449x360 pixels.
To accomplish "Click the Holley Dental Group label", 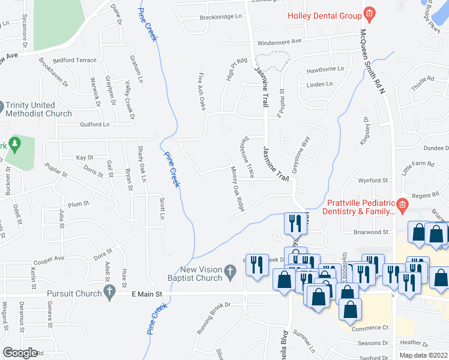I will point(325,16).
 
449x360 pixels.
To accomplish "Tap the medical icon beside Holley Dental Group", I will point(370,14).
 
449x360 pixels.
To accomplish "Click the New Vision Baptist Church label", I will point(201,274).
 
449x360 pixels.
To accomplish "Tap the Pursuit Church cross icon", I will point(109,292).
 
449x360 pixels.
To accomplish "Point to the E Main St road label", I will point(147,295).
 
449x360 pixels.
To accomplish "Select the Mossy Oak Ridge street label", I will point(237,189).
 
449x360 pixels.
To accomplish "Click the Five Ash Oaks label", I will point(202,91).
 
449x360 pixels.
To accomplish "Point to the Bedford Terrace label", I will point(74,61).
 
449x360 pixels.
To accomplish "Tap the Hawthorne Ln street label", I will point(325,70).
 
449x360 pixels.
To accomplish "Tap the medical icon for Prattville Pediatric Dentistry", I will point(403,207).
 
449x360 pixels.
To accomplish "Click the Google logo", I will point(20,352).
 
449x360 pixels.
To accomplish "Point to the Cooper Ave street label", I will point(49,259).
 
